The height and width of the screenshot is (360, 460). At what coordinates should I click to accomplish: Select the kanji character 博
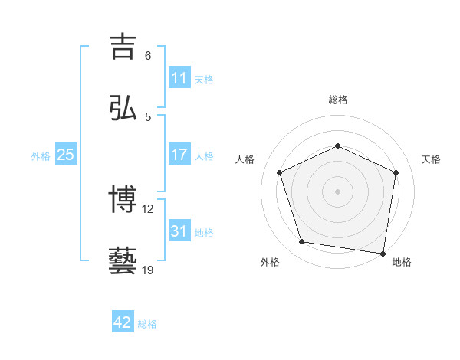[123, 200]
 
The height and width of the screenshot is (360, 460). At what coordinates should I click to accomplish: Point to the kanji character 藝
[123, 261]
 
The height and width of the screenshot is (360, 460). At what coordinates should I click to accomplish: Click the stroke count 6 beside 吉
[148, 56]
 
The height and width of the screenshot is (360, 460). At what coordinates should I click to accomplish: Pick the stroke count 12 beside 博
[149, 208]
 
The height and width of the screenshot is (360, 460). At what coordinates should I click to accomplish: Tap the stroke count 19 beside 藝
[149, 270]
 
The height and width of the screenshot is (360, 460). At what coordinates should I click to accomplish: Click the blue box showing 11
[179, 78]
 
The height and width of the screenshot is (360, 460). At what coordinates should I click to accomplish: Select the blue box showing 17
[179, 155]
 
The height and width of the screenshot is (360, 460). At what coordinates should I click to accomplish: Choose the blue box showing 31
[179, 231]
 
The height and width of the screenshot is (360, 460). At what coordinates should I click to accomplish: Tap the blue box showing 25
[66, 155]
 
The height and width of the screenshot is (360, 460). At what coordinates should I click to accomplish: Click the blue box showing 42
[123, 322]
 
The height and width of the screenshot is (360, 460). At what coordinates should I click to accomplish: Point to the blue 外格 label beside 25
[41, 155]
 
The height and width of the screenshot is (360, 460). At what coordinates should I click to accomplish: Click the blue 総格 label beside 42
[147, 323]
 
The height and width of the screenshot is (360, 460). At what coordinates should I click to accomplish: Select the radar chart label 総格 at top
[337, 100]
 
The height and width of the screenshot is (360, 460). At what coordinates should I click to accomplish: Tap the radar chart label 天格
[431, 159]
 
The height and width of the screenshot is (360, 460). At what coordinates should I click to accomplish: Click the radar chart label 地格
[402, 263]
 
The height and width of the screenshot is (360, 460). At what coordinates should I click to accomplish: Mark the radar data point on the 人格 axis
[280, 172]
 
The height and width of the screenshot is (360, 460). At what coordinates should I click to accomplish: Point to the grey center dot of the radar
[337, 191]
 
